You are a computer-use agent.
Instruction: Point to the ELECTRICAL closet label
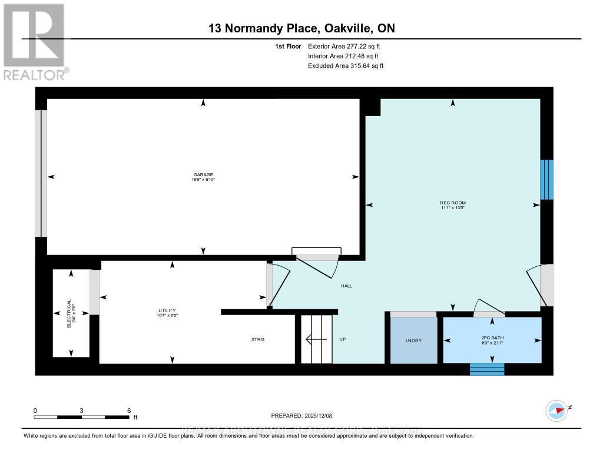71,313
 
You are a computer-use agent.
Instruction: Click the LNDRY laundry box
414,341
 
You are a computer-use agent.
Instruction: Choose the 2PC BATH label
492,341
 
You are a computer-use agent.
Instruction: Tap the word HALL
346,286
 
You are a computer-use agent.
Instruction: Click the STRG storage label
258,340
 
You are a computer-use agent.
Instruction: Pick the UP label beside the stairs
342,340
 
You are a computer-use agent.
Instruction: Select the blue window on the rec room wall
546,180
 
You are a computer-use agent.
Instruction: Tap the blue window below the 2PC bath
487,369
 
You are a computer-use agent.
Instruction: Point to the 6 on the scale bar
128,411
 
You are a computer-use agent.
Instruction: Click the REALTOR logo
35,42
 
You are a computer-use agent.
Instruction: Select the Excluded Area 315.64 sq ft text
346,66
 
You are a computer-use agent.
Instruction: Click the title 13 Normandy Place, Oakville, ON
301,28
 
